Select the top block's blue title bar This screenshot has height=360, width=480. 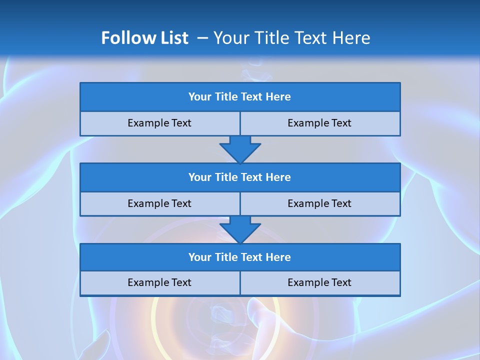click(240, 97)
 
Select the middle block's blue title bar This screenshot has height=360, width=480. click(240, 177)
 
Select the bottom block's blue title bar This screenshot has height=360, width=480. click(240, 257)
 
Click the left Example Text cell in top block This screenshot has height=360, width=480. click(159, 123)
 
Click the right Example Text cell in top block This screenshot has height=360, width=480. click(320, 123)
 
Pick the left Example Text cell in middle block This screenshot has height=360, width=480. click(159, 204)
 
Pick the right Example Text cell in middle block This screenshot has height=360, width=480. click(320, 204)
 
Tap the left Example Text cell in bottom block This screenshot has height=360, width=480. click(159, 283)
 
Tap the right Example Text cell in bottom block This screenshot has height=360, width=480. click(320, 283)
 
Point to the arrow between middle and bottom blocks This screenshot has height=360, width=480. click(240, 229)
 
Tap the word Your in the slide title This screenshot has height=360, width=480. click(228, 38)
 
